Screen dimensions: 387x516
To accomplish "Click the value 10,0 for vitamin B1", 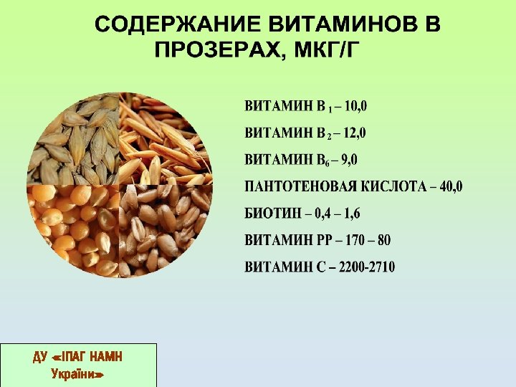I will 355,107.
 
